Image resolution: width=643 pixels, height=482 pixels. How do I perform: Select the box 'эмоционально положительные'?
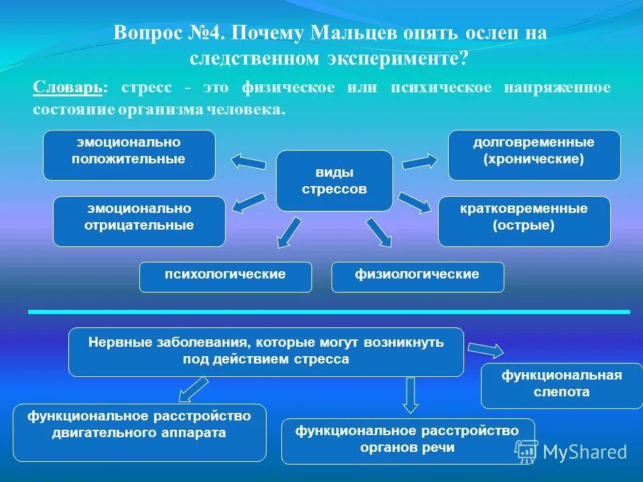pyautogui.click(x=129, y=155)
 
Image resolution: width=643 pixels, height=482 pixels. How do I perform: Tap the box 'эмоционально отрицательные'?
pyautogui.click(x=139, y=221)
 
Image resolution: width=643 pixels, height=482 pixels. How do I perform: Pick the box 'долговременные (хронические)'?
pyautogui.click(x=534, y=155)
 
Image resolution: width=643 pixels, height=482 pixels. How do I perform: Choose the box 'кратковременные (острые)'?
pyautogui.click(x=524, y=221)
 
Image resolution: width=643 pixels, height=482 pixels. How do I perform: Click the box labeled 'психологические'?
pyautogui.click(x=225, y=276)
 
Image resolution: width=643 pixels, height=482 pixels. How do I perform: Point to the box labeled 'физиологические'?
pyautogui.click(x=417, y=276)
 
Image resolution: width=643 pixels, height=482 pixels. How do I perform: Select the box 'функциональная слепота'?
pyautogui.click(x=561, y=385)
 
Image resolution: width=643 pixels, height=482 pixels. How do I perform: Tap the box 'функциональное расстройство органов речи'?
pyautogui.click(x=408, y=440)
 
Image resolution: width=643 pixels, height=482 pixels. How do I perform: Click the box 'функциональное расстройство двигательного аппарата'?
pyautogui.click(x=139, y=432)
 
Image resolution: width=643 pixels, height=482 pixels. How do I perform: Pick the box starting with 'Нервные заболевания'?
pyautogui.click(x=266, y=351)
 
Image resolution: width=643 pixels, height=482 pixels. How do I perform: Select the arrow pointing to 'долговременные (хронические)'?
pyautogui.click(x=419, y=161)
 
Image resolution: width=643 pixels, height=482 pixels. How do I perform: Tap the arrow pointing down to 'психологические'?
pyautogui.click(x=289, y=232)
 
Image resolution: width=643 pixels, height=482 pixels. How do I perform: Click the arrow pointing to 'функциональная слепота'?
pyautogui.click(x=486, y=350)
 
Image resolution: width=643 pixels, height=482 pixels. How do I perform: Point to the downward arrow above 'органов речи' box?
pyautogui.click(x=411, y=395)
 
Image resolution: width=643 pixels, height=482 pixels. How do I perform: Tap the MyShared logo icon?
pyautogui.click(x=526, y=451)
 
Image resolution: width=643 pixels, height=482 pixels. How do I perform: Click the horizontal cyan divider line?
pyautogui.click(x=328, y=312)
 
